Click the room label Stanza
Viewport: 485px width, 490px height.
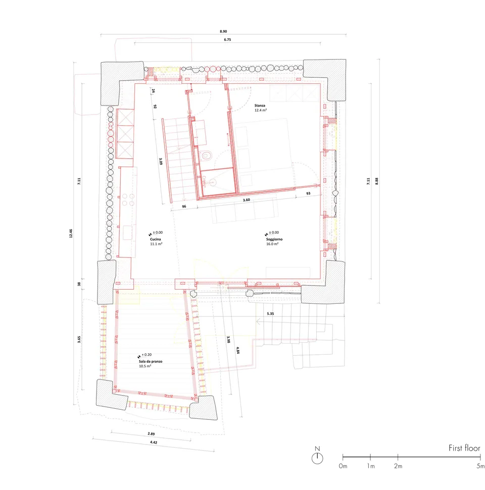point(260,105)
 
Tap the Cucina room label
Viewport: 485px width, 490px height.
point(156,239)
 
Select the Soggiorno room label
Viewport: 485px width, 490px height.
point(274,239)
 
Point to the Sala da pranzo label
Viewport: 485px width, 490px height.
point(151,361)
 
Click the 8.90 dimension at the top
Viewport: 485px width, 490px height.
point(223,31)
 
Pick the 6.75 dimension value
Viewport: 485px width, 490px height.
point(227,40)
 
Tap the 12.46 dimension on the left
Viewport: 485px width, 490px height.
point(71,234)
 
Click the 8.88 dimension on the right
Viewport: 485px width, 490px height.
point(377,181)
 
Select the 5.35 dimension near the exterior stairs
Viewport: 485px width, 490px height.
point(270,313)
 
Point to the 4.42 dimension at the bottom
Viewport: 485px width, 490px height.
point(154,442)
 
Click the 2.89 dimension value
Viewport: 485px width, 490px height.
point(151,434)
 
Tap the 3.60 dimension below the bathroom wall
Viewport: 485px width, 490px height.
point(247,200)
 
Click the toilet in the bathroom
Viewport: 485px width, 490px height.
point(207,155)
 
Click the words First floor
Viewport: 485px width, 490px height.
point(464,448)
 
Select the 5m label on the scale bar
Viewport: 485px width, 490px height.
point(480,466)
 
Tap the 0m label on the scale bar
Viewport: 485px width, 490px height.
point(343,466)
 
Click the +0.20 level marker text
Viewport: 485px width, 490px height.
point(147,355)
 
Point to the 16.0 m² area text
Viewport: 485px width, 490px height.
point(272,244)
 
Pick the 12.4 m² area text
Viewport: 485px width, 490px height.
point(260,111)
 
